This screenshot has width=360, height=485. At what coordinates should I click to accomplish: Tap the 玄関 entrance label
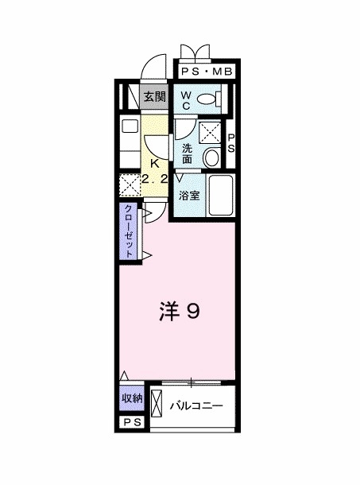point(155,98)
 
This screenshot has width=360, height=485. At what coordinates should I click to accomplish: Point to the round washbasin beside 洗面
point(211,157)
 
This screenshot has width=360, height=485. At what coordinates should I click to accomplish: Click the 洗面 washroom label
point(187,153)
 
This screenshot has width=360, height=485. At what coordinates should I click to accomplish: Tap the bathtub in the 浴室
point(220,198)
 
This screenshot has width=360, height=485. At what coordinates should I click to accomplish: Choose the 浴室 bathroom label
point(189,195)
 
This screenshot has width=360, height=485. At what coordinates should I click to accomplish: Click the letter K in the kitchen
point(154,165)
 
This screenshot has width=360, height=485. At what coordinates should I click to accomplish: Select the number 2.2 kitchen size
point(154,180)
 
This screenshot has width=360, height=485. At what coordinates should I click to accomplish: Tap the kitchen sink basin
point(128,126)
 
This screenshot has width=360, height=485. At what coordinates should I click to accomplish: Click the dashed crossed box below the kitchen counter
point(129,185)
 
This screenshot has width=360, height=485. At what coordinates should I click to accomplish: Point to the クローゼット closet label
point(127,231)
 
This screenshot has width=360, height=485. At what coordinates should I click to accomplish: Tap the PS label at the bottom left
point(132,423)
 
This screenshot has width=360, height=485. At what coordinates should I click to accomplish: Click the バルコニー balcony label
point(196,406)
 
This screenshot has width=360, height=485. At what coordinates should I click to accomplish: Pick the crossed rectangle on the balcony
point(157,408)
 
